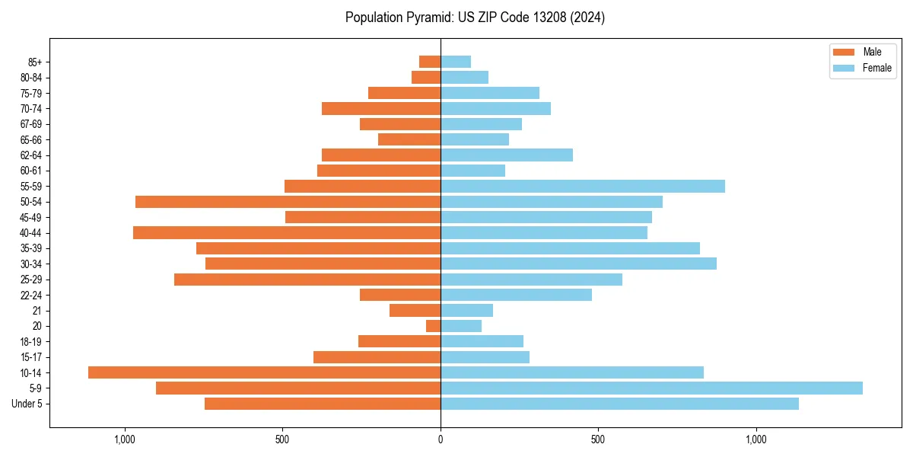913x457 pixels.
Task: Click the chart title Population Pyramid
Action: click(x=475, y=18)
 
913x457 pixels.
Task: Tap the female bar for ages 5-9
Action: click(x=651, y=388)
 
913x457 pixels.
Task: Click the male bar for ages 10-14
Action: click(x=264, y=372)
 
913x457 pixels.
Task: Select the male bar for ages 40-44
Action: click(x=287, y=232)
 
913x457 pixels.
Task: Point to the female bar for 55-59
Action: click(x=583, y=186)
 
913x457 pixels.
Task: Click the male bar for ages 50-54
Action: click(x=288, y=202)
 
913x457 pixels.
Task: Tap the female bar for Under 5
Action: click(x=619, y=404)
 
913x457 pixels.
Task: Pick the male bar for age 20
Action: click(x=433, y=326)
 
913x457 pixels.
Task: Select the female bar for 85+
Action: click(x=456, y=62)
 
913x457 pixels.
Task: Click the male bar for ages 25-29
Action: click(x=307, y=280)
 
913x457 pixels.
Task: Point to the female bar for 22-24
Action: click(x=516, y=295)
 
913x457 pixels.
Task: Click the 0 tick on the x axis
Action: click(x=441, y=439)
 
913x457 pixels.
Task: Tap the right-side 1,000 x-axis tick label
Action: click(x=756, y=439)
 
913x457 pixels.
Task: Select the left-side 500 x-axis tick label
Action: click(x=282, y=439)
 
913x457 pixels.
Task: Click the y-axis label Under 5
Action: click(x=27, y=404)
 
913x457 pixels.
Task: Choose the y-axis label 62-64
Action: click(x=30, y=155)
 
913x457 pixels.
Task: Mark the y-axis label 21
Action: click(x=37, y=311)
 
